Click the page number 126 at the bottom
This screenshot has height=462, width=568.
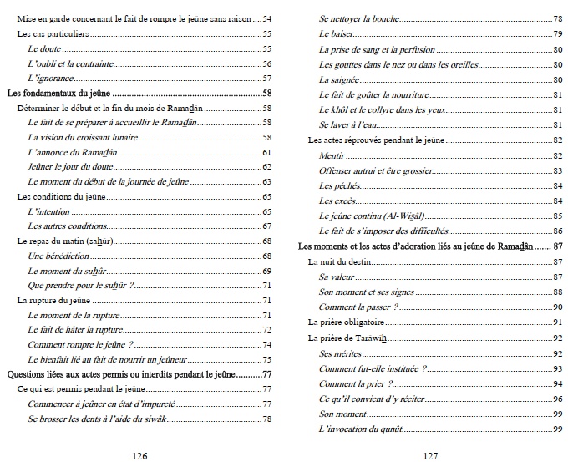[140, 453]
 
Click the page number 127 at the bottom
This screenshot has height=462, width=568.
[430, 453]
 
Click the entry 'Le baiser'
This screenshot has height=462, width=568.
[337, 33]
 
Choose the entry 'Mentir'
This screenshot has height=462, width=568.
[332, 155]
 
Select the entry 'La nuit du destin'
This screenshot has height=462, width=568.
[338, 262]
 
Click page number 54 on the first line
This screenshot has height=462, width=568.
[267, 18]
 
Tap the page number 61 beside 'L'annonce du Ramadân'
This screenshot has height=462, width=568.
[267, 153]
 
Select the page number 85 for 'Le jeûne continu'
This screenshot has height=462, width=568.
[556, 216]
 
